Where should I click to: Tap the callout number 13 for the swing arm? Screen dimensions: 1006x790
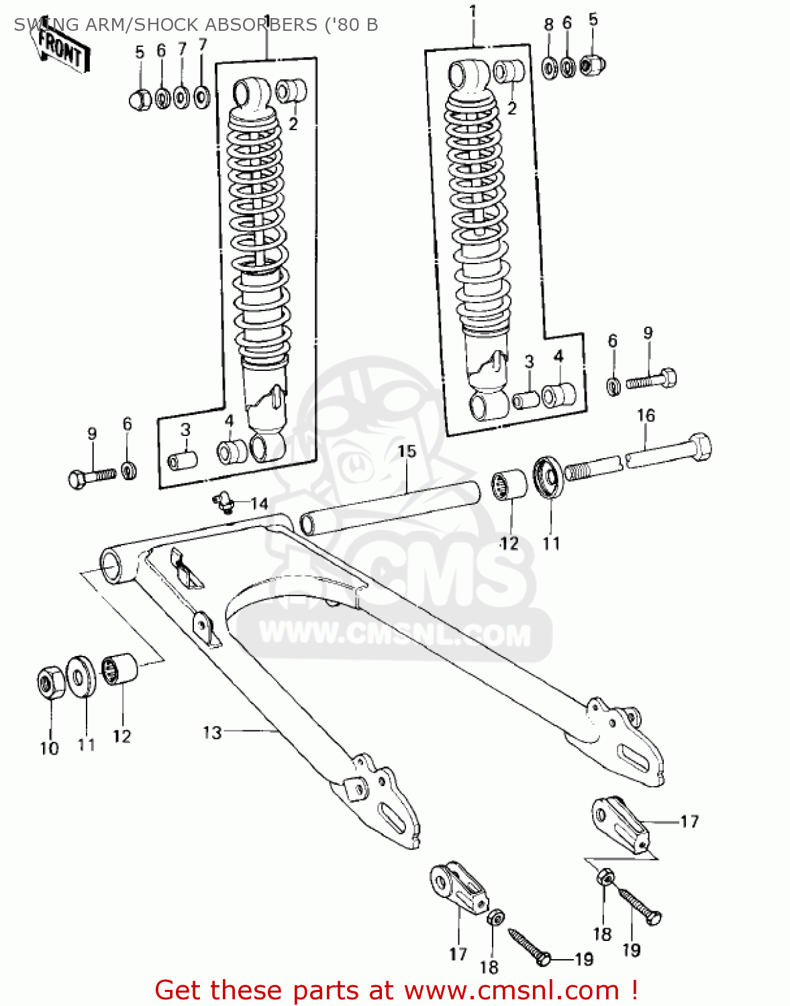point(212,732)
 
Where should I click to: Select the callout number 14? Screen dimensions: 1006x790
point(259,504)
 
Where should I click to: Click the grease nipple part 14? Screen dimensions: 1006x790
point(221,502)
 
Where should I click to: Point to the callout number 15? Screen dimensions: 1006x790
point(407,451)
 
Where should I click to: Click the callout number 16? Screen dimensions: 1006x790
point(646,416)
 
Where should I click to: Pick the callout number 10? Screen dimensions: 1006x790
point(50,748)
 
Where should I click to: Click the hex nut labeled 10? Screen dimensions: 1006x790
point(49,683)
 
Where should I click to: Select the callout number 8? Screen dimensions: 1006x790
point(548,25)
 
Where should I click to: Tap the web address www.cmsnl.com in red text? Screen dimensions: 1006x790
point(511,990)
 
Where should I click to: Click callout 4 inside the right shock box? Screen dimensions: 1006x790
point(558,356)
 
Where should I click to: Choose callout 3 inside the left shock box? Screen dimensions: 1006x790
point(185,429)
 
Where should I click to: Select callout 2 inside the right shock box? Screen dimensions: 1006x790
point(512,108)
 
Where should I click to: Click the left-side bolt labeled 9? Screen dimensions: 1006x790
point(93,477)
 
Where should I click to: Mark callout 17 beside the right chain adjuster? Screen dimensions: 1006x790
point(689,822)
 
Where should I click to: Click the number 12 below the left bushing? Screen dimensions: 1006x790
point(121,736)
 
